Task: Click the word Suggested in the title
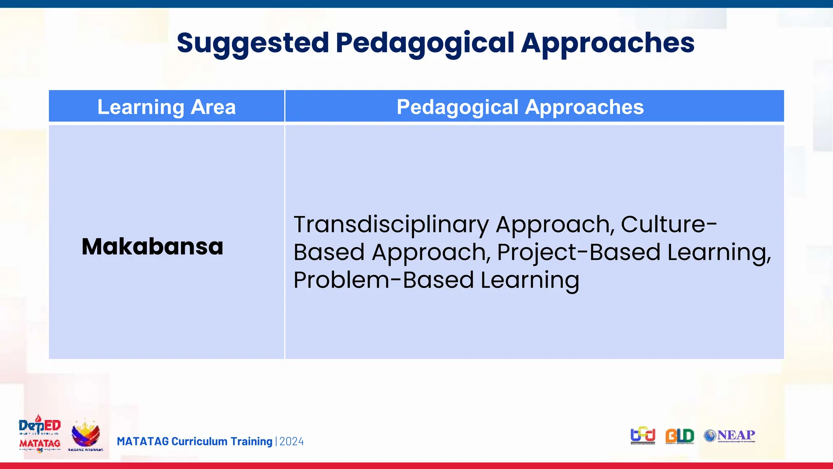[253, 43]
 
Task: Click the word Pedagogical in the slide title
[425, 43]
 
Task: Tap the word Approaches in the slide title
[608, 43]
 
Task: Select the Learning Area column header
[166, 107]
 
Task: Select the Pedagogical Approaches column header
[520, 107]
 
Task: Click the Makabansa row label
[153, 246]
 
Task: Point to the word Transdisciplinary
[391, 224]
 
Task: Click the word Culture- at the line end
[669, 224]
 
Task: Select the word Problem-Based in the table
[384, 280]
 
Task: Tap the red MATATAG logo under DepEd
[39, 444]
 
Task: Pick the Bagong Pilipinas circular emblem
[85, 435]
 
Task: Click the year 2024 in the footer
[292, 441]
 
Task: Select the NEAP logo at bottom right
[730, 436]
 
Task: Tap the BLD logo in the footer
[679, 436]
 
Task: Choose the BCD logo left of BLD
[643, 436]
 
